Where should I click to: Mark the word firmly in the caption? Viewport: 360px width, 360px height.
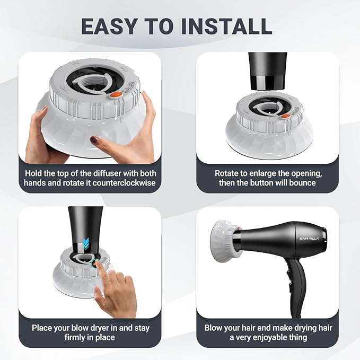59,338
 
